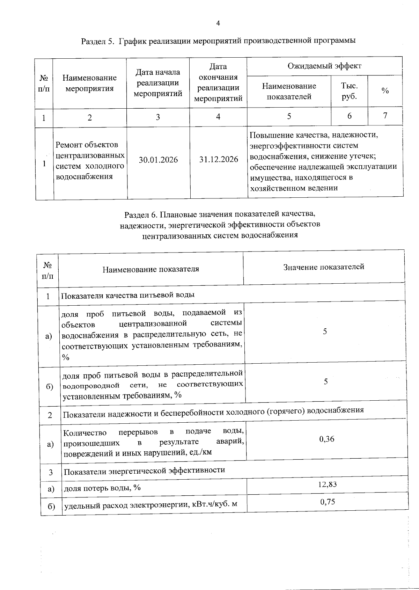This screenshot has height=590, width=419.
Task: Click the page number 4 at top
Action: (218, 23)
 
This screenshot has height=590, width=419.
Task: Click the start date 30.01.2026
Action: (158, 160)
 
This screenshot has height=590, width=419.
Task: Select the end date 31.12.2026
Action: (219, 159)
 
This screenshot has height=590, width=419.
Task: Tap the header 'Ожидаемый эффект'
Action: (324, 66)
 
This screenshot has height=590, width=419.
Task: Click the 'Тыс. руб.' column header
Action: (349, 91)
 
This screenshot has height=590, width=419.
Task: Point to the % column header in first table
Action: (385, 91)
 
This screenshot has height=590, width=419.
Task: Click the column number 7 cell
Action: (385, 116)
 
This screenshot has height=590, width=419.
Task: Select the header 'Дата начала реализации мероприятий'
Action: (158, 83)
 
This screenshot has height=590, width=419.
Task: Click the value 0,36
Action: (327, 439)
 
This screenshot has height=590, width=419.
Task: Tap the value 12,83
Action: (328, 484)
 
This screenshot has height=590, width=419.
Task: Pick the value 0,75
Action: (328, 502)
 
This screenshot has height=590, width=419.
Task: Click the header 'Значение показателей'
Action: (324, 267)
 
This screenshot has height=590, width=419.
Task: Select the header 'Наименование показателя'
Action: (151, 269)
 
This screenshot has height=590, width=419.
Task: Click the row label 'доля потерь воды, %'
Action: (102, 488)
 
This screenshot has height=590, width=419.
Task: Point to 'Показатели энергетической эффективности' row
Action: (144, 470)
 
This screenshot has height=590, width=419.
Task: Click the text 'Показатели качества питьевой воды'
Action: (128, 295)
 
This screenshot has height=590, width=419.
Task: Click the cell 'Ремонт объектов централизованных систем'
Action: (90, 160)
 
